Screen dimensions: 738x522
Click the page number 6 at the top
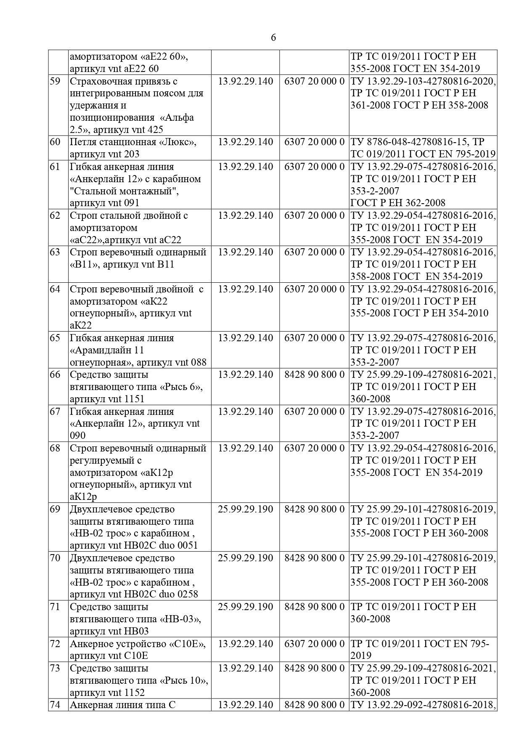click(x=273, y=38)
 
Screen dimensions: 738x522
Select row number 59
click(x=55, y=81)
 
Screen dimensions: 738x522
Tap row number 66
click(x=55, y=374)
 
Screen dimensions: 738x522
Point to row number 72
click(x=55, y=644)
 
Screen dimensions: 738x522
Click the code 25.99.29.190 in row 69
click(x=245, y=509)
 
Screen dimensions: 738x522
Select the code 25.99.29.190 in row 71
click(x=245, y=607)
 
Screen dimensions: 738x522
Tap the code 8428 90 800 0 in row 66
click(x=314, y=374)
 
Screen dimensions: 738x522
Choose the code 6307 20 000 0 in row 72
click(x=314, y=644)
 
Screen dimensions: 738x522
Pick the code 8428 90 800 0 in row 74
click(x=314, y=705)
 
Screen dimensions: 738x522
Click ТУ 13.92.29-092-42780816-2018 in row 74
click(x=423, y=705)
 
